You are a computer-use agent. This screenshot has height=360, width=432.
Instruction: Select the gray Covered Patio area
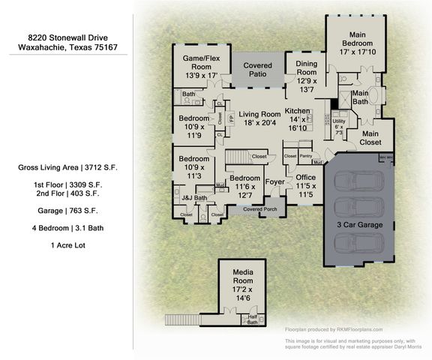[x=257, y=70]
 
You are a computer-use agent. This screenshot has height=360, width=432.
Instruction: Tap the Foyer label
[x=275, y=181]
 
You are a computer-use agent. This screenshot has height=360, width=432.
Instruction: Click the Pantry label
[x=304, y=156]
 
